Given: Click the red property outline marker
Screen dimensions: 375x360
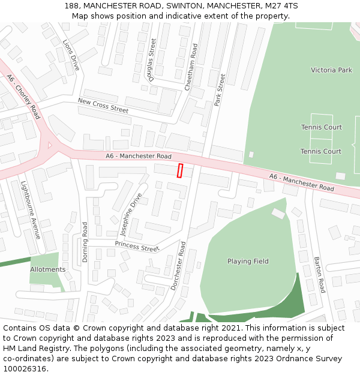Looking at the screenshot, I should click(x=180, y=170).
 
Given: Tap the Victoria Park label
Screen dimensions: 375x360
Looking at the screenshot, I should click(x=331, y=70).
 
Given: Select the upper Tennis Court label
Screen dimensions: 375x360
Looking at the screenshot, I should click(x=321, y=127).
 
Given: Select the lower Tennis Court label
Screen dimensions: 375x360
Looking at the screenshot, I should click(x=320, y=151).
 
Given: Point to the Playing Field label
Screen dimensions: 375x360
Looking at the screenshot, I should click(x=248, y=262).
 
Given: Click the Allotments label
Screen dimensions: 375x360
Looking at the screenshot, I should click(x=48, y=269).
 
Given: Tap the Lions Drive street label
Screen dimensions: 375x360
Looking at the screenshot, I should click(x=71, y=55).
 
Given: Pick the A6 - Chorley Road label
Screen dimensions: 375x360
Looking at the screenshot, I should click(x=23, y=96).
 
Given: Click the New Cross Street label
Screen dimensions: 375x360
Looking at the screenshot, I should click(x=103, y=106).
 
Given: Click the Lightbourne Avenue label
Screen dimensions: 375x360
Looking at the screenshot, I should click(x=31, y=210).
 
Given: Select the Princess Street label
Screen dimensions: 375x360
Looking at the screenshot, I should click(x=137, y=246).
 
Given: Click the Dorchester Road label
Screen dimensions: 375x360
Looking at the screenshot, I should click(x=178, y=265).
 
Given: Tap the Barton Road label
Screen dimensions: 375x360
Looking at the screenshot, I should click(x=318, y=275).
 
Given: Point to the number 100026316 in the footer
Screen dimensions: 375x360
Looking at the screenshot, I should click(x=24, y=369).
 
